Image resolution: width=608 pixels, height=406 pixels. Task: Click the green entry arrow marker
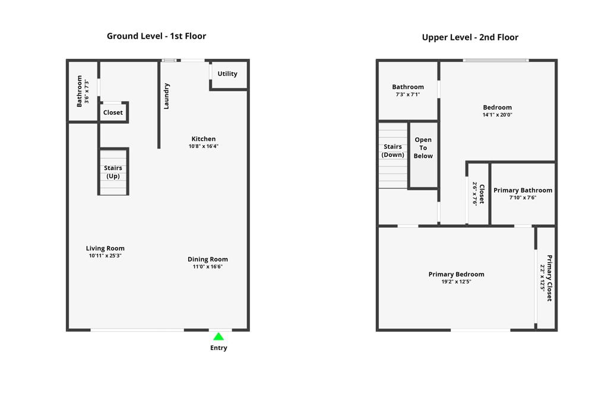[x=218, y=336]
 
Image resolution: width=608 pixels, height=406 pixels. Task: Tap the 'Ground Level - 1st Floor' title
[x=156, y=36]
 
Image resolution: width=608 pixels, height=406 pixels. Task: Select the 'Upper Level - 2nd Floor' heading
[x=470, y=37]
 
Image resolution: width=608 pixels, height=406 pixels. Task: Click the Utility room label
[x=227, y=74]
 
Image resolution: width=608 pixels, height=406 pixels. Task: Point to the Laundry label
[x=167, y=96]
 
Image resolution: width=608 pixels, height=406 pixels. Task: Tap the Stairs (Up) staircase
[x=113, y=172]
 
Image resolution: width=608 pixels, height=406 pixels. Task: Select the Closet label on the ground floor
[x=113, y=112]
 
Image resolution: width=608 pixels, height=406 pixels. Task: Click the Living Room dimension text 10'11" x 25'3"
[x=105, y=256]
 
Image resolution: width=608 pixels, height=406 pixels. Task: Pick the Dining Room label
[x=208, y=259]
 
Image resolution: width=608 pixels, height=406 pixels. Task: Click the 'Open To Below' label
[x=423, y=148]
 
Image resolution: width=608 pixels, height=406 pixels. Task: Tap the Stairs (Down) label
[x=392, y=150]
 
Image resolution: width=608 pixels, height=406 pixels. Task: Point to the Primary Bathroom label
[x=522, y=190]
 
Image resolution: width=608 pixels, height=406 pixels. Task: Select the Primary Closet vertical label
[x=549, y=278]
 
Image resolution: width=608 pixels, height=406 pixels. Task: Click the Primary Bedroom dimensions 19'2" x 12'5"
[x=456, y=282]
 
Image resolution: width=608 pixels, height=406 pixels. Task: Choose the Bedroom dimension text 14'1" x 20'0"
[x=497, y=115]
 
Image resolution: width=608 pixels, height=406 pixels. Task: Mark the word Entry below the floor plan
[x=218, y=348]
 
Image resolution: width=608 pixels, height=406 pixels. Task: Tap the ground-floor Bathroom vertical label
[x=80, y=91]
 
